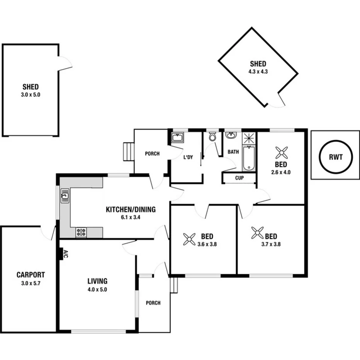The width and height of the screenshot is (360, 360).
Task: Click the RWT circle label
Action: [x=336, y=157]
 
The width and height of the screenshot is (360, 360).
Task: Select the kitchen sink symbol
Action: [x=65, y=196]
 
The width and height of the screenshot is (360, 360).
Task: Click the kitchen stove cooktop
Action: [x=81, y=233]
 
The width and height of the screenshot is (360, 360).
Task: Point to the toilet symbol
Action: [x=212, y=137]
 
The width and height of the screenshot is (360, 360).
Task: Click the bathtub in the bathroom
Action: [x=249, y=158]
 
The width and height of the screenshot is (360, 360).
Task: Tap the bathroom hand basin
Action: [x=231, y=135]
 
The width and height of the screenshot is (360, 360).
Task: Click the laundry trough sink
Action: [x=178, y=138]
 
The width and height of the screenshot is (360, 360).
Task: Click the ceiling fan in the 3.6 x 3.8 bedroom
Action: [x=189, y=239]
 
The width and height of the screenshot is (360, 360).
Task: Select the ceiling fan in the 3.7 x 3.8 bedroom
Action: [x=257, y=233]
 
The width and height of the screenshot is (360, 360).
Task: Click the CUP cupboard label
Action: [x=239, y=178]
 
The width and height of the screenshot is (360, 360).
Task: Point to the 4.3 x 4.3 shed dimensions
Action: [x=258, y=71]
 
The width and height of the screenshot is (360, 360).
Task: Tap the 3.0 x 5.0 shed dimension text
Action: [x=31, y=94]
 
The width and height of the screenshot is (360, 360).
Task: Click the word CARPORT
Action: [x=31, y=275]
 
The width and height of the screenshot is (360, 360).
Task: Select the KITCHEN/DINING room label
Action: [x=131, y=210]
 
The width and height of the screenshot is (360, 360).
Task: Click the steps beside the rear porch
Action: [x=128, y=151]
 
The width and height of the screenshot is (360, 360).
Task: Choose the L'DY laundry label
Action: [x=188, y=157]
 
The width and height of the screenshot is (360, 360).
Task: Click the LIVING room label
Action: [x=97, y=281]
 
